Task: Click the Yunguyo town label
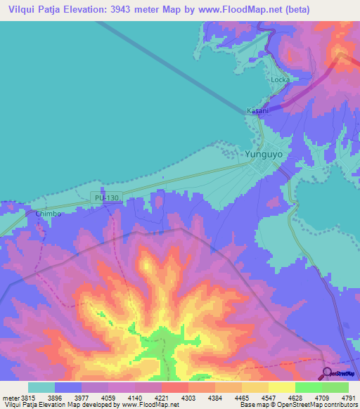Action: (262, 152)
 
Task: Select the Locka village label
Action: (280, 79)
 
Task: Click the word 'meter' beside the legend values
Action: (8, 397)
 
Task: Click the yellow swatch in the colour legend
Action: (281, 387)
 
